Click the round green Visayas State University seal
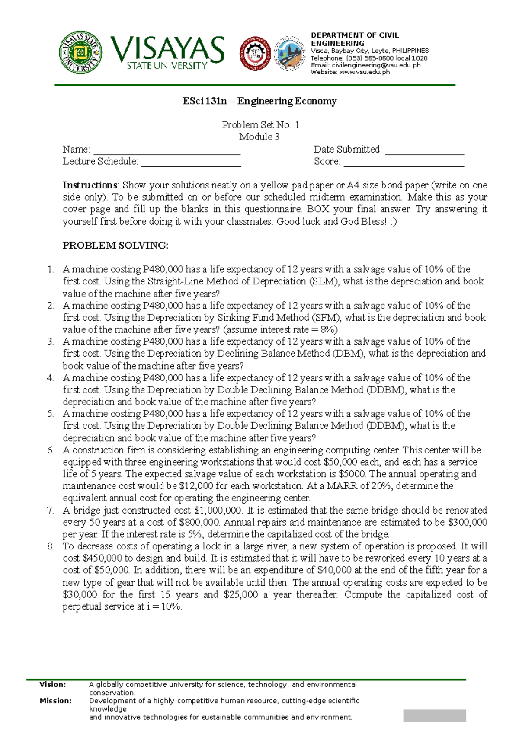tap(80, 53)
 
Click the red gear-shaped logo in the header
tap(255, 53)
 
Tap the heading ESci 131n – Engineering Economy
tap(259, 101)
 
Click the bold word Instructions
tap(90, 185)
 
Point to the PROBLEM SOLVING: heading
tap(115, 246)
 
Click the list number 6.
tap(51, 450)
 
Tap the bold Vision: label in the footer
tap(53, 685)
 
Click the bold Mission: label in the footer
tap(55, 701)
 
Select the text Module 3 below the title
tap(259, 137)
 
